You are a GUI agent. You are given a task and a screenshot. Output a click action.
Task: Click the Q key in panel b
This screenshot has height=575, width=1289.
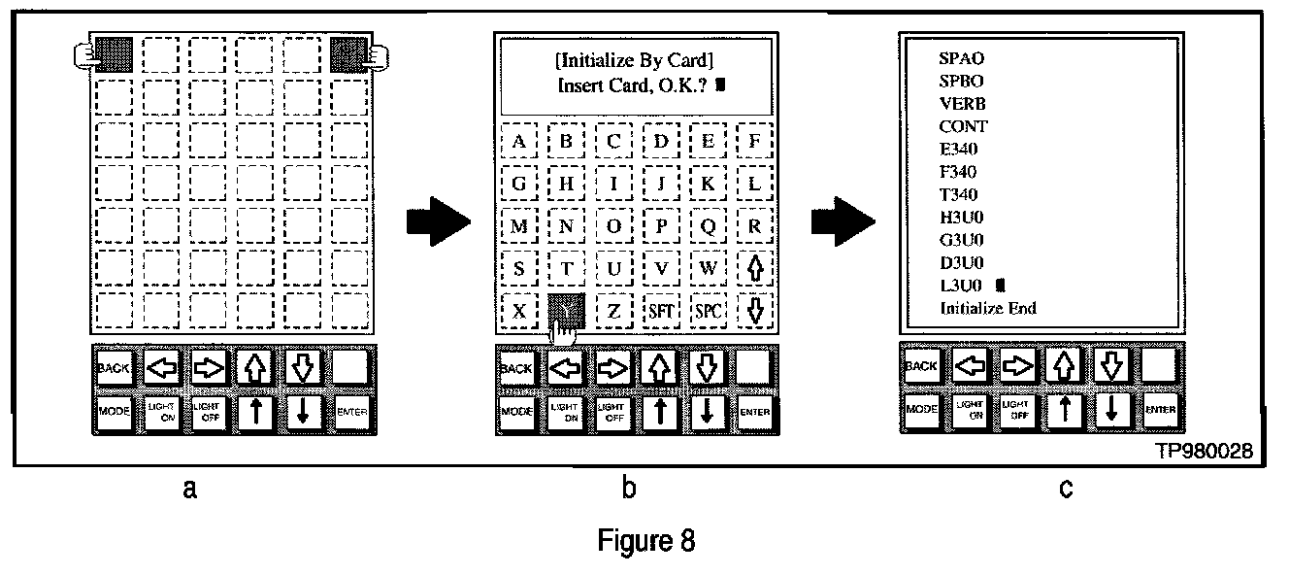click(709, 226)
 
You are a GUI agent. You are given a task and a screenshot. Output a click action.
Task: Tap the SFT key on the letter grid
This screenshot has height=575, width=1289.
click(661, 312)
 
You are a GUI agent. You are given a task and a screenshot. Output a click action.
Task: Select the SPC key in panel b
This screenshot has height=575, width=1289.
click(709, 312)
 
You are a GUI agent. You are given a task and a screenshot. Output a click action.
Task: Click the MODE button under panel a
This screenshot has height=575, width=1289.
click(113, 412)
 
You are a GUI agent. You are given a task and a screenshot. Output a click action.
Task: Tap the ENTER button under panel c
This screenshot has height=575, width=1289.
click(1160, 409)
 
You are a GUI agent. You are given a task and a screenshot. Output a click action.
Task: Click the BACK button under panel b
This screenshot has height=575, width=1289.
click(515, 368)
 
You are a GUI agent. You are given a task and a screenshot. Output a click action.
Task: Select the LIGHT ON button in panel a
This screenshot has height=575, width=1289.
click(161, 412)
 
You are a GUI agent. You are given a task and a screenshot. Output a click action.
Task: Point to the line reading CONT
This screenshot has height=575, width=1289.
click(963, 126)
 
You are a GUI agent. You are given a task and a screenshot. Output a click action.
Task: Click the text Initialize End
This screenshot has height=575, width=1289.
click(987, 308)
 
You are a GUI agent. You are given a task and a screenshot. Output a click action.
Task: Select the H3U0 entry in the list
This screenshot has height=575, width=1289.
click(962, 218)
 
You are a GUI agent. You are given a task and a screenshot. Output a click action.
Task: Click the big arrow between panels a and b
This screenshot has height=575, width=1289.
click(437, 226)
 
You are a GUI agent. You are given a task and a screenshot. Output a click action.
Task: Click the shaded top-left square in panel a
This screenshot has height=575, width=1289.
click(113, 53)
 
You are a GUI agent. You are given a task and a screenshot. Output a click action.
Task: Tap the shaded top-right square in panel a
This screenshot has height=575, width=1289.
click(349, 53)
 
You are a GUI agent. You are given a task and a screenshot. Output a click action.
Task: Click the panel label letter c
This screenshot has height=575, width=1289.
click(1065, 490)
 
